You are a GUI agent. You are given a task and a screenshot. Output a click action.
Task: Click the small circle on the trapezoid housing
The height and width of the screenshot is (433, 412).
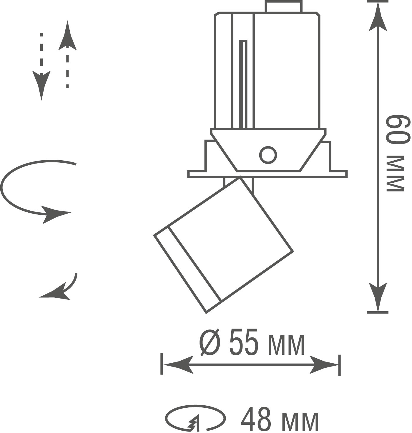coord(268,155)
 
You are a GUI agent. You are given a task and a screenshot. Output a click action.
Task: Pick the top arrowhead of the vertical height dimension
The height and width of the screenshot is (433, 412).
coord(378,16)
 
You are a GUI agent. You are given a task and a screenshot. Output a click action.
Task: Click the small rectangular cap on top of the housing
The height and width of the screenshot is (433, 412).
coord(284,6)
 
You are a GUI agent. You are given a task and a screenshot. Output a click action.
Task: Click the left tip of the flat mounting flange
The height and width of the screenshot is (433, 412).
coord(188,174)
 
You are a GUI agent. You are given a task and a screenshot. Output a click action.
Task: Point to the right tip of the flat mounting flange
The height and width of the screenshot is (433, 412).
coord(347,174)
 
